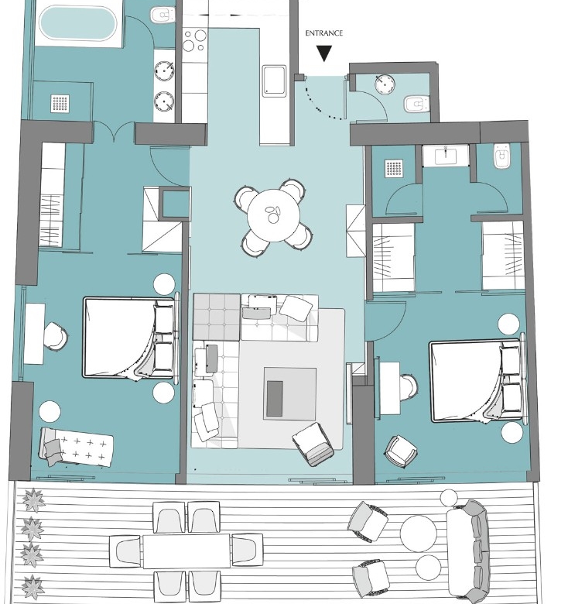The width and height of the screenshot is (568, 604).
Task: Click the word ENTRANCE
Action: (323, 33)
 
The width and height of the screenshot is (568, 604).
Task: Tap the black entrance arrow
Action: (324, 53)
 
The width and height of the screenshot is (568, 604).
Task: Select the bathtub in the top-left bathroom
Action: (77, 23)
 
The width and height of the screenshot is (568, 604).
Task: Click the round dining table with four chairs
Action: (273, 214)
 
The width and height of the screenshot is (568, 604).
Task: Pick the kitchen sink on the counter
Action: (275, 81)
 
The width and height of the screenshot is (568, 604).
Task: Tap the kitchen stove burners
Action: (194, 40)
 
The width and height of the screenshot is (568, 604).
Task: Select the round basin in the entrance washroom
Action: (385, 84)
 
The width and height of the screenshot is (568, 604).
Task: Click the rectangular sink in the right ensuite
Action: (446, 156)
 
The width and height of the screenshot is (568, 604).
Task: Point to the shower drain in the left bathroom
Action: (60, 104)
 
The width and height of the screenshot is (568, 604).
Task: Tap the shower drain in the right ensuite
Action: (394, 169)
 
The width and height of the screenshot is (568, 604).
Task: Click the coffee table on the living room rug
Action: (289, 393)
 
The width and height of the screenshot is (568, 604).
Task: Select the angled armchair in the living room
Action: (313, 444)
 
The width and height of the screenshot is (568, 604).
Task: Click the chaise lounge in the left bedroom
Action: (76, 447)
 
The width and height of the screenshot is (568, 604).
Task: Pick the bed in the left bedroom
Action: (131, 338)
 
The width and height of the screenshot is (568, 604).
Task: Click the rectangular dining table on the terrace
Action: (186, 551)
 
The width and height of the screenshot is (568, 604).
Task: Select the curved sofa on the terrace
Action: (468, 551)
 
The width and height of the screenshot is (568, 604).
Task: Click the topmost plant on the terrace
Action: (33, 500)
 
